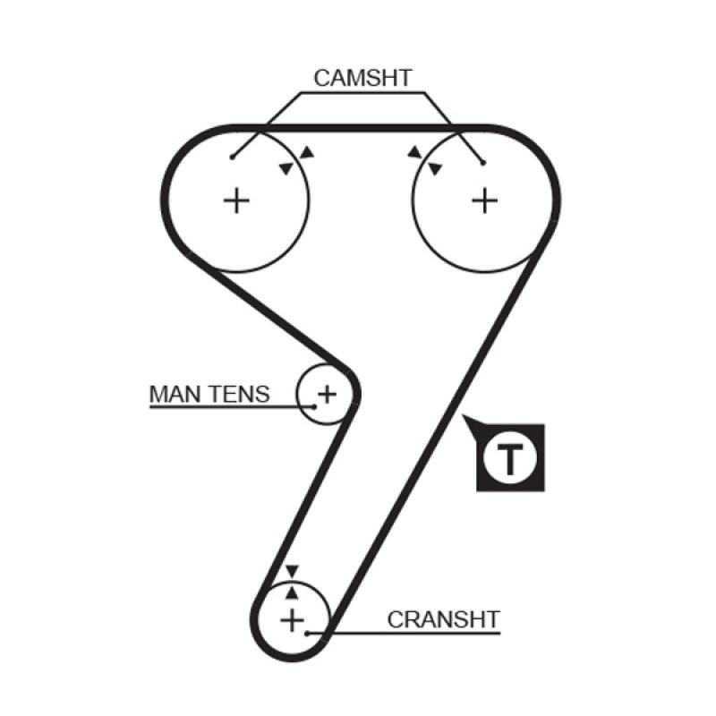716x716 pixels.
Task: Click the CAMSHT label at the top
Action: [362, 78]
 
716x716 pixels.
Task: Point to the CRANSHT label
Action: [443, 619]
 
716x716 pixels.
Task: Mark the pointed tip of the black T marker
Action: [463, 418]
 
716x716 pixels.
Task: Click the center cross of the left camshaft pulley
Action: [236, 200]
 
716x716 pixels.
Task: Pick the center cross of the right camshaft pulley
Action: [484, 200]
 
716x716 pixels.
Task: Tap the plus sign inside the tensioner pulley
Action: [328, 392]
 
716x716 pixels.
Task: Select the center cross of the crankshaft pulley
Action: [293, 619]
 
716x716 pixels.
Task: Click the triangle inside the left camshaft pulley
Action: [286, 168]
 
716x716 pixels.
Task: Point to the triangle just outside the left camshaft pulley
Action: [307, 153]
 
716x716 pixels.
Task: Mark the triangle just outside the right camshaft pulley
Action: [414, 153]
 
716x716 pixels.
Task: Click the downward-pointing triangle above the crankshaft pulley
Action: [292, 572]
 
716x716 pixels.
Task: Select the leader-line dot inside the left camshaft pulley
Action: [232, 158]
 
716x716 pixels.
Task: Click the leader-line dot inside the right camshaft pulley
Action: [483, 163]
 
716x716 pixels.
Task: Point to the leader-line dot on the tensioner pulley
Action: [315, 406]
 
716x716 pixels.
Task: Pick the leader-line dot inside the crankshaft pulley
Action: [306, 633]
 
